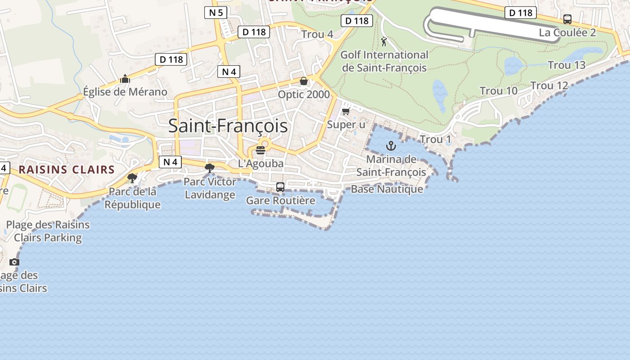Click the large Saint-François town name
point(228,126)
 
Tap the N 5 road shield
point(216,13)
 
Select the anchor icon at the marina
point(391,145)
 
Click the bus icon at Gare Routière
point(280,187)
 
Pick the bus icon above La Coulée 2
point(567,19)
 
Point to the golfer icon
point(384,42)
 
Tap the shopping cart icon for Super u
point(346,111)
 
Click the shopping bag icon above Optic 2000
point(304,81)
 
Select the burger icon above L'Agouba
point(261,150)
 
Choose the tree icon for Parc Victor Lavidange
point(209,168)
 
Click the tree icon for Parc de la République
point(132,178)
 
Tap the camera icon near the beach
point(14,262)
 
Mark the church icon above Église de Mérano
point(125,79)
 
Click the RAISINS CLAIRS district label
point(67,170)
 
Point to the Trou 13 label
point(567,65)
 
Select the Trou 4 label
point(317,34)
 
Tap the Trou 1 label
point(435,139)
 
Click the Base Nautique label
point(387,189)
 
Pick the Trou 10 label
point(499,91)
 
